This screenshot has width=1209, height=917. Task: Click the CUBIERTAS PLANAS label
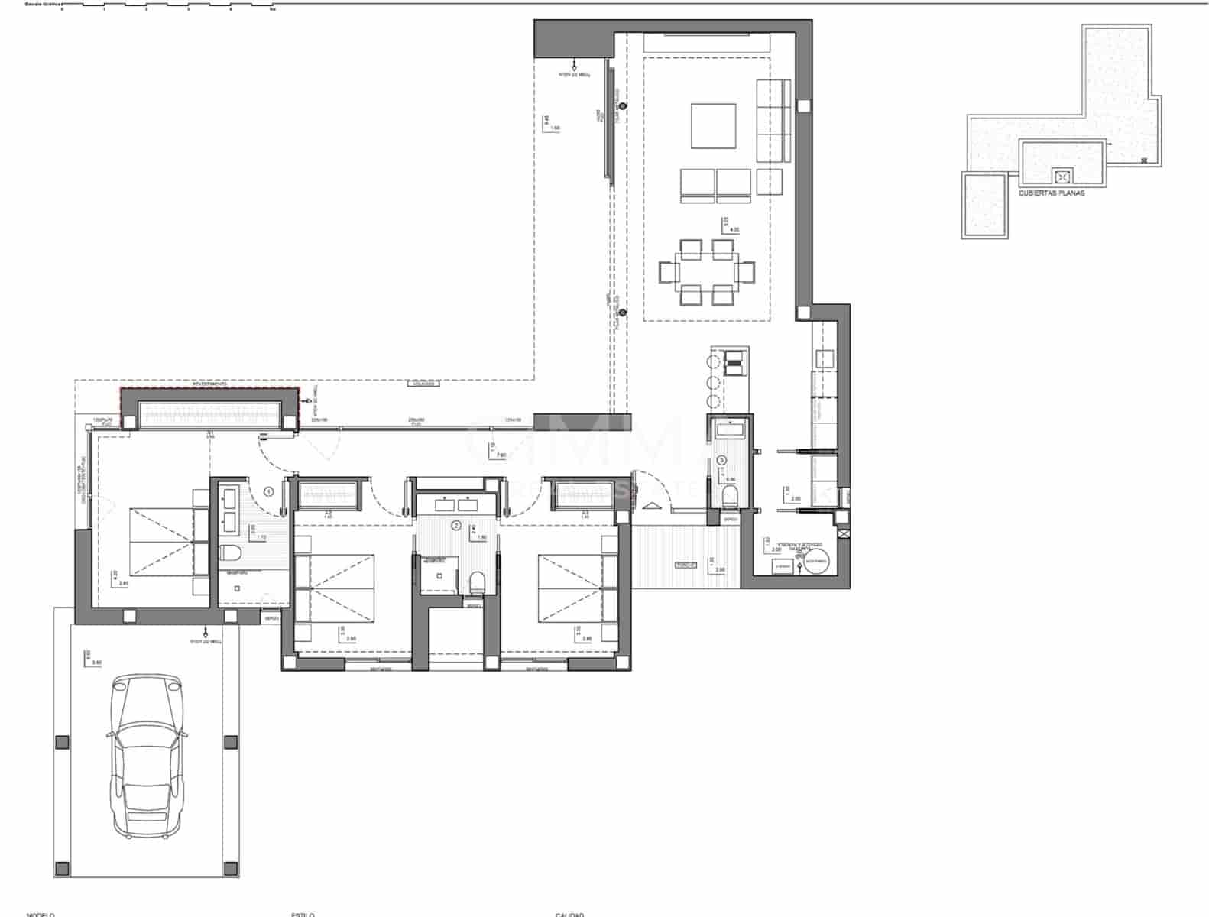1052,193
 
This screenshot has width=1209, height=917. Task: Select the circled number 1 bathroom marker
268,492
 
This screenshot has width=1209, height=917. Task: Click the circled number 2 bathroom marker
456,525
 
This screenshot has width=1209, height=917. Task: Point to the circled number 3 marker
722,460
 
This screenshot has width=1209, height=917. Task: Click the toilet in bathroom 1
231,552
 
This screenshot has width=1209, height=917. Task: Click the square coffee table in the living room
713,126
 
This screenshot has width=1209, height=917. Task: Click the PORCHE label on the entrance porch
686,565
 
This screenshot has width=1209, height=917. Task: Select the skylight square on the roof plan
1061,177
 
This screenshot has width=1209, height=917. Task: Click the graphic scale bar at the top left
168,6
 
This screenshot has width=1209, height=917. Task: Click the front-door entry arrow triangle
651,506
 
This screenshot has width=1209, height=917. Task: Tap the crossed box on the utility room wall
843,535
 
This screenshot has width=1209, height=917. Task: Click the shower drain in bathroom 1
237,588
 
